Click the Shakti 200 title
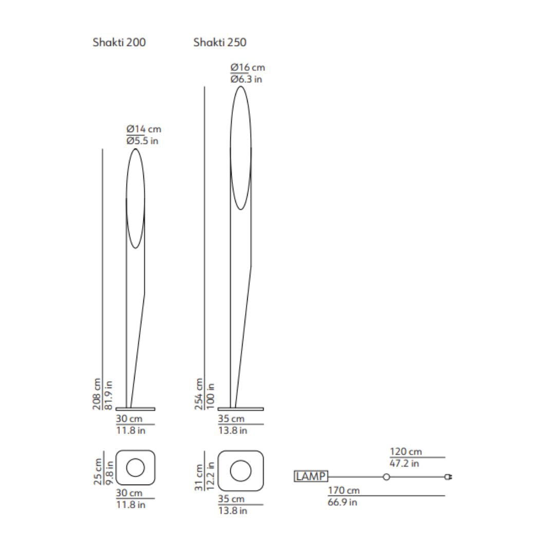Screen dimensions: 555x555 tap(119, 43)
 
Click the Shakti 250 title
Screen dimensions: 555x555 tap(220, 43)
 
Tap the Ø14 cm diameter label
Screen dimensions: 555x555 tap(144, 129)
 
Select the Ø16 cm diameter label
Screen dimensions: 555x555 tap(248, 67)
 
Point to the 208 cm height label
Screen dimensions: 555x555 tap(97, 394)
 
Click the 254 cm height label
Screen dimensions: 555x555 tap(199, 394)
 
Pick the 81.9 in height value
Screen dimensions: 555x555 tap(108, 395)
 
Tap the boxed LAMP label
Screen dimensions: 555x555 tap(311, 476)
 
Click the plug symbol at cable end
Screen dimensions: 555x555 tap(449, 477)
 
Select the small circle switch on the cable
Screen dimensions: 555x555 tap(386, 477)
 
